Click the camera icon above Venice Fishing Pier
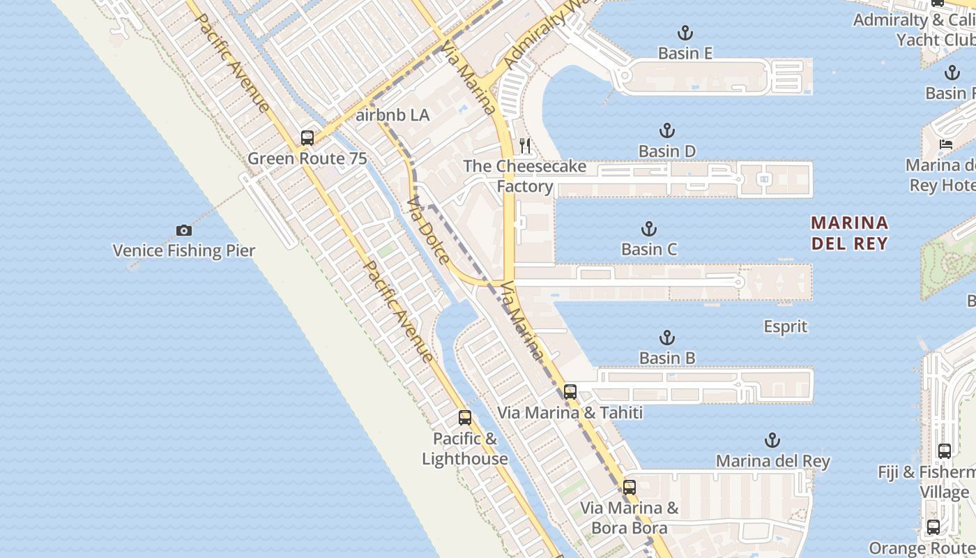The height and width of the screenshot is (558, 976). click(183, 230)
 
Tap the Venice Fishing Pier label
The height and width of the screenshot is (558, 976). click(184, 250)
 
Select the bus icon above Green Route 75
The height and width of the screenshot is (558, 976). click(307, 138)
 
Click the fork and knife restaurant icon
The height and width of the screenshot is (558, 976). click(525, 146)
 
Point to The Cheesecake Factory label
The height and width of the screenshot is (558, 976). click(525, 176)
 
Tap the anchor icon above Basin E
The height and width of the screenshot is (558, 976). click(685, 33)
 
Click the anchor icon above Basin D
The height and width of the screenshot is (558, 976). click(667, 130)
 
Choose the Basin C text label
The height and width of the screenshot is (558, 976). click(649, 249)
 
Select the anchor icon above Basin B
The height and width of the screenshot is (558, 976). click(667, 338)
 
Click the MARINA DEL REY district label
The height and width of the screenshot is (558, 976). click(849, 233)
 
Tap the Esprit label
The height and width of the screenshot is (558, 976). click(785, 326)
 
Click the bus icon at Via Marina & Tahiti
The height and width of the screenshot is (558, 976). click(570, 392)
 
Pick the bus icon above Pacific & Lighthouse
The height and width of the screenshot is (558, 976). click(465, 418)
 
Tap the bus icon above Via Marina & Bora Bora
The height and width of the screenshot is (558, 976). click(630, 488)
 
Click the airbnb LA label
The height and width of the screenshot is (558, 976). click(392, 115)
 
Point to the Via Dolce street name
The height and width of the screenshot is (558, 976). click(428, 231)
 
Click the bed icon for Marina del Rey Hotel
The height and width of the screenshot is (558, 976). click(945, 144)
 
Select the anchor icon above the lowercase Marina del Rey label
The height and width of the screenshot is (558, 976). click(772, 440)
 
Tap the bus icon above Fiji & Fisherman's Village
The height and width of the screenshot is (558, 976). click(945, 451)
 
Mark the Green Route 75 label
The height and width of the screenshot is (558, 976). click(307, 158)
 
